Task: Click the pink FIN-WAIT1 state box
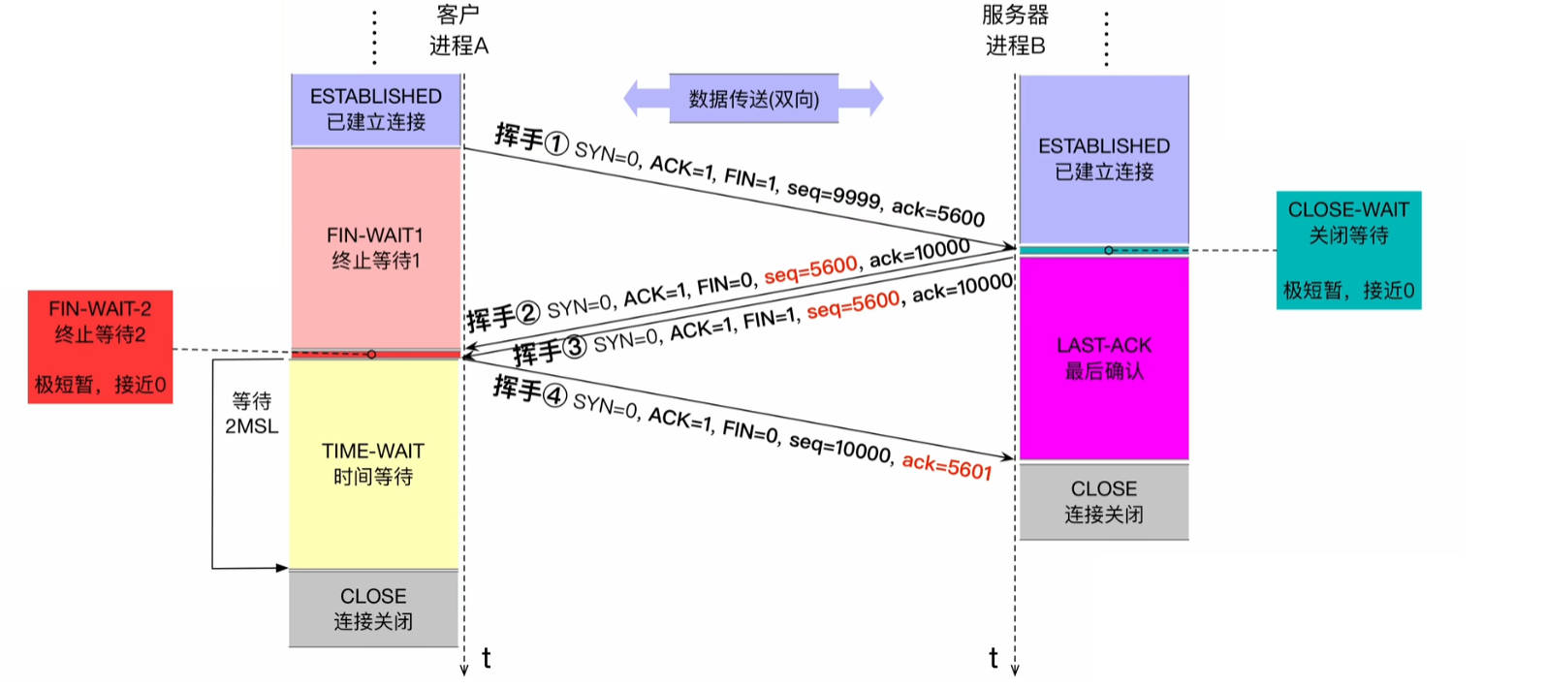pyautogui.click(x=375, y=247)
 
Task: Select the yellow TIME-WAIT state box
pyautogui.click(x=373, y=463)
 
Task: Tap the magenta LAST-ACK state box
pyautogui.click(x=1104, y=358)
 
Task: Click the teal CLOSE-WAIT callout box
pyautogui.click(x=1348, y=250)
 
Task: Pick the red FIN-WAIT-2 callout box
pyautogui.click(x=100, y=346)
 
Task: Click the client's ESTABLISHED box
pyautogui.click(x=375, y=109)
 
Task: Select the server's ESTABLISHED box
pyautogui.click(x=1104, y=159)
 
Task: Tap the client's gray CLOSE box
pyautogui.click(x=373, y=609)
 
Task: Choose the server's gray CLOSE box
pyautogui.click(x=1104, y=501)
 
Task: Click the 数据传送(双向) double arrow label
pyautogui.click(x=753, y=99)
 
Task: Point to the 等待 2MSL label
pyautogui.click(x=251, y=414)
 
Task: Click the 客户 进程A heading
pyautogui.click(x=458, y=30)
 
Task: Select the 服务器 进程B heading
pyautogui.click(x=1015, y=30)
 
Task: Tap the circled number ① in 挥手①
pyautogui.click(x=556, y=144)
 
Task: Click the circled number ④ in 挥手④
pyautogui.click(x=554, y=395)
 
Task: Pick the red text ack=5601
pyautogui.click(x=947, y=467)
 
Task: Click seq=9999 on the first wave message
pyautogui.click(x=834, y=194)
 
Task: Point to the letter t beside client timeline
pyautogui.click(x=487, y=659)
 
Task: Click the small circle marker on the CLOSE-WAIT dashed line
pyautogui.click(x=1109, y=250)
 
